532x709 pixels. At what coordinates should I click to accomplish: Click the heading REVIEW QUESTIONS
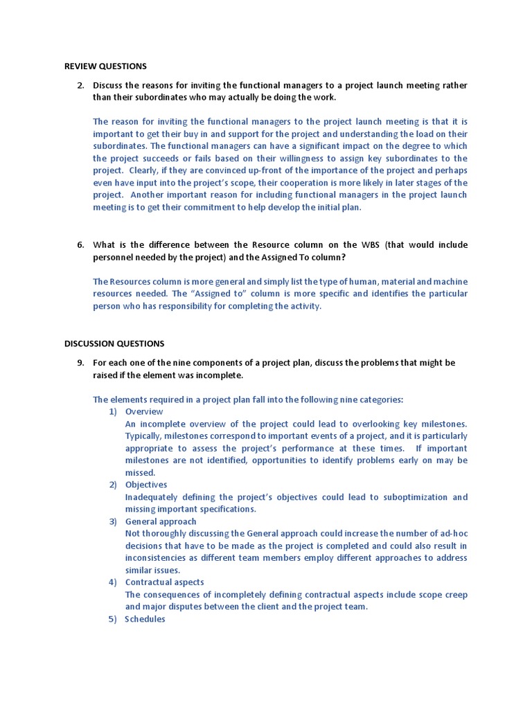105,66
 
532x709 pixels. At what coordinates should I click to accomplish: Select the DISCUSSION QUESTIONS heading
114,343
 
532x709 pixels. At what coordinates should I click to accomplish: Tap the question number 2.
80,85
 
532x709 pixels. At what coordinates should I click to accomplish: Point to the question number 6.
80,244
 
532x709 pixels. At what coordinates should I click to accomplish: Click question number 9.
80,363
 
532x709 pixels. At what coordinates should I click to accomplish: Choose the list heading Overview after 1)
144,411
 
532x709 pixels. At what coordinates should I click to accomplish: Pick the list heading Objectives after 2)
146,485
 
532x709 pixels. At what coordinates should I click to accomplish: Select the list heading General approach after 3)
161,521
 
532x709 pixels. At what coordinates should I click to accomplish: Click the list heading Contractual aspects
164,582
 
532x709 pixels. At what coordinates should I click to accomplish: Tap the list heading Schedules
145,619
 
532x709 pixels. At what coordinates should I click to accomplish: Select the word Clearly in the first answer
144,171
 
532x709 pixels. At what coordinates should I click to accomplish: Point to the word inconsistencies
158,558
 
